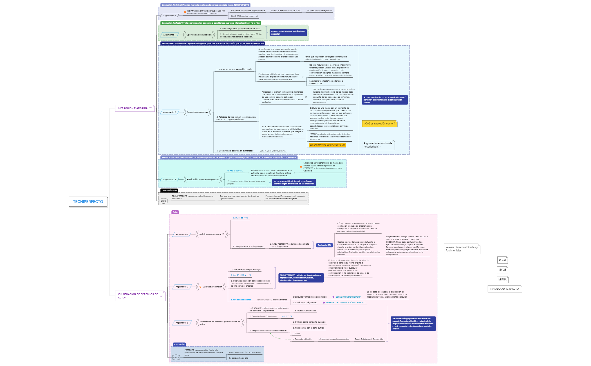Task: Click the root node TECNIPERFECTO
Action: click(x=88, y=202)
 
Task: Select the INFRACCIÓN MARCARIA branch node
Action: click(x=133, y=108)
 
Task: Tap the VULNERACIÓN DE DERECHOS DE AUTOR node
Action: click(x=138, y=296)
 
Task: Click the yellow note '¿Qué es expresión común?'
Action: click(x=379, y=124)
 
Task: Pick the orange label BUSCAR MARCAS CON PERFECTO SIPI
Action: click(x=327, y=145)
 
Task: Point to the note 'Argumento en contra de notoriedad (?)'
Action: click(x=378, y=145)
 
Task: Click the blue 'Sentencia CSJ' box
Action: click(x=324, y=245)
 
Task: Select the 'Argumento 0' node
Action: click(x=169, y=16)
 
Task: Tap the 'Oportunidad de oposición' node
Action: click(x=199, y=35)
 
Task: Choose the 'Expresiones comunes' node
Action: click(x=197, y=112)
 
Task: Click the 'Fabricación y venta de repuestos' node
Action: click(x=203, y=179)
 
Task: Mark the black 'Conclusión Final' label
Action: click(x=169, y=191)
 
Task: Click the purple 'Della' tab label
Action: click(x=175, y=212)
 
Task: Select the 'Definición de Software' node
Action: click(x=210, y=234)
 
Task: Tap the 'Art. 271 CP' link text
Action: click(x=287, y=316)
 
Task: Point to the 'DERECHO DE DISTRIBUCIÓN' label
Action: click(x=348, y=297)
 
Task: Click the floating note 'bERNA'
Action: click(x=502, y=280)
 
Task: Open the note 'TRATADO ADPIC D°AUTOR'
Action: click(x=505, y=289)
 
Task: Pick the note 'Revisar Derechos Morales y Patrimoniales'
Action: click(x=462, y=249)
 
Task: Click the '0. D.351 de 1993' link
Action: click(x=240, y=218)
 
